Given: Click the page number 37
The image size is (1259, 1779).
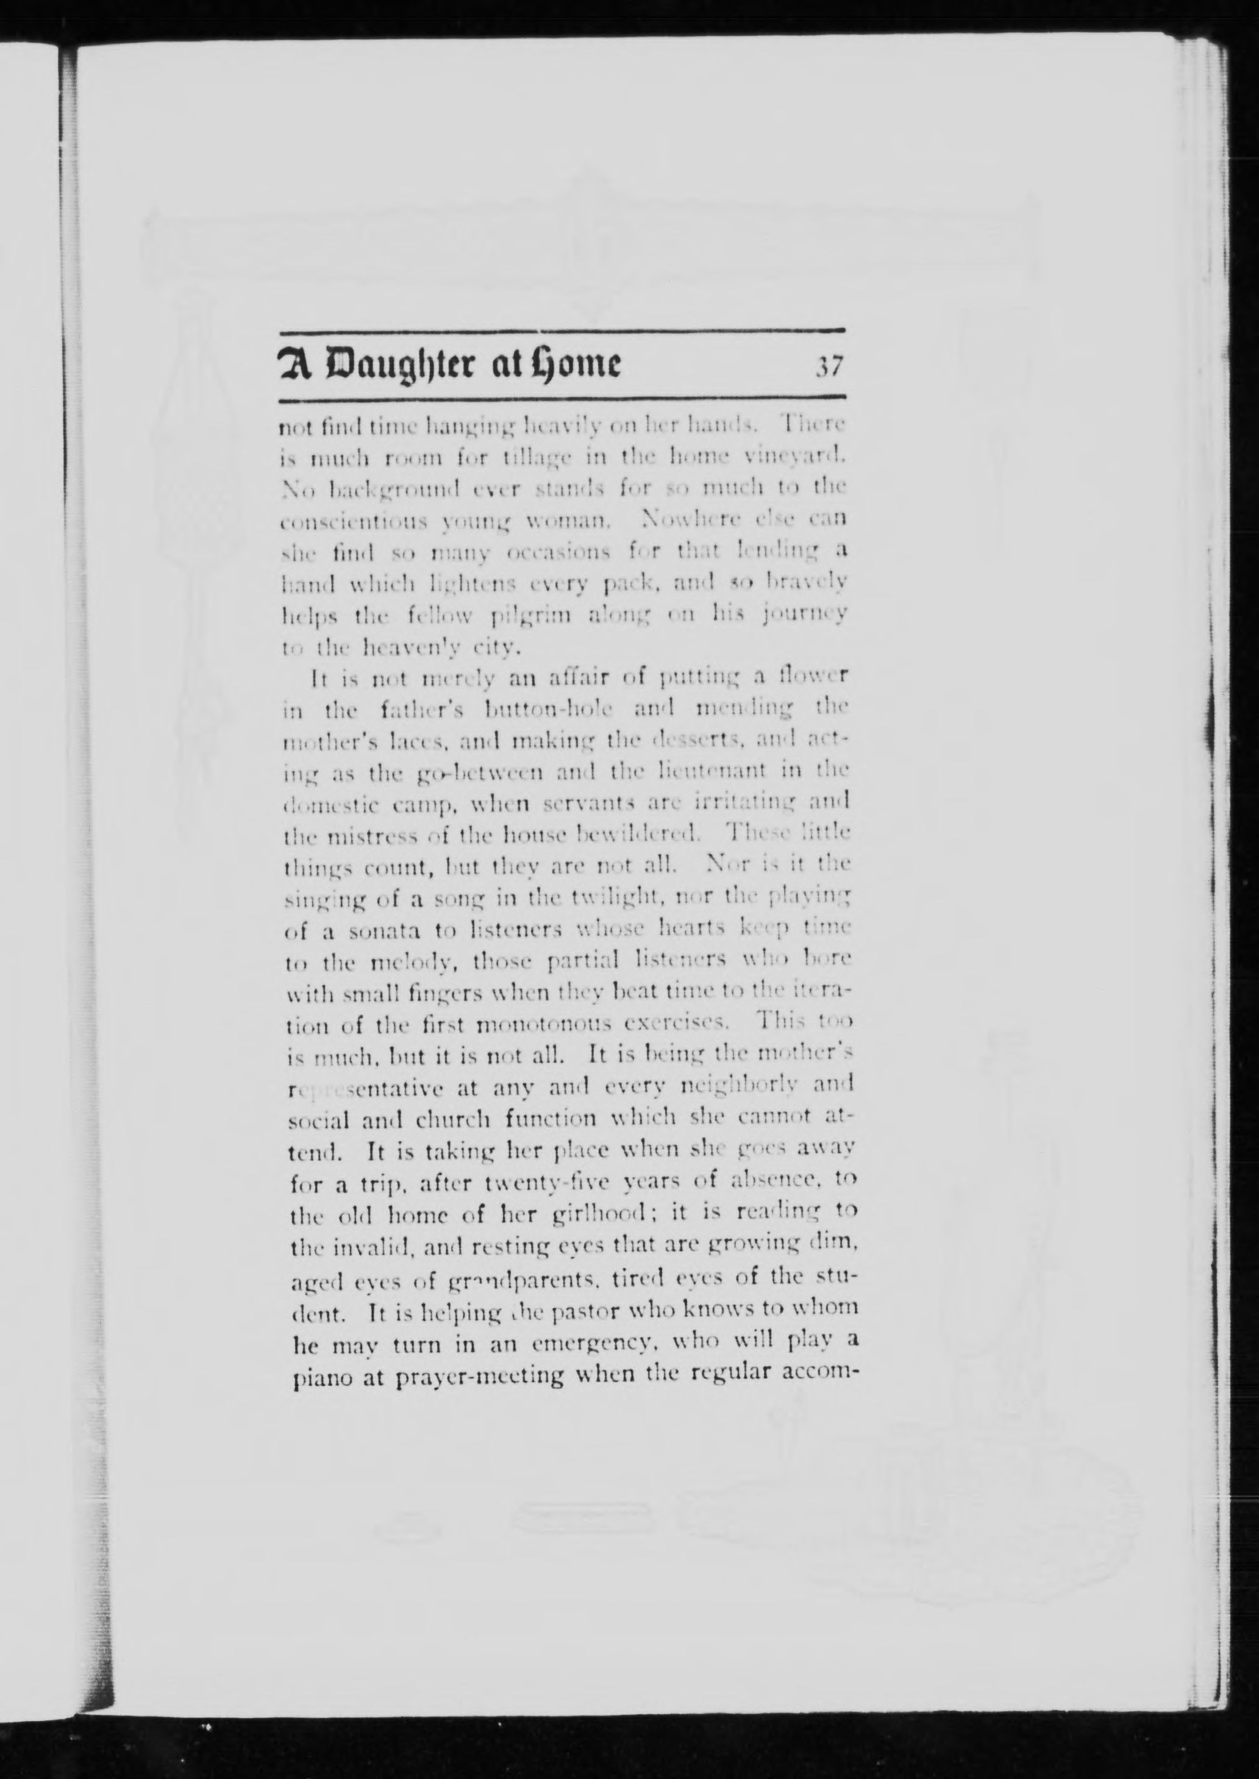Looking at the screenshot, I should tap(827, 366).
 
